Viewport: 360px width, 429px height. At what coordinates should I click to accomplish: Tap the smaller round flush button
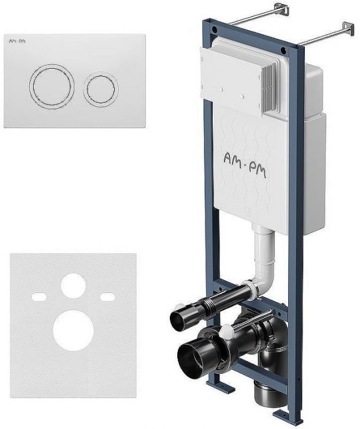pos(101,88)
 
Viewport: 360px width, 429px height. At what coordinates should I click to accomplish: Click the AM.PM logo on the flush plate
pos(15,41)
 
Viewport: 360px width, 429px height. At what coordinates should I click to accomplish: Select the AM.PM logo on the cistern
pos(245,165)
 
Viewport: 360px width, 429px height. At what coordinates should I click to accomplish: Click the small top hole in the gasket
pos(74,286)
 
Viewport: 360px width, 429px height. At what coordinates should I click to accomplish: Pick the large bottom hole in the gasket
pos(74,330)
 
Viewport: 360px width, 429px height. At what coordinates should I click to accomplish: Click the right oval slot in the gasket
pos(107,296)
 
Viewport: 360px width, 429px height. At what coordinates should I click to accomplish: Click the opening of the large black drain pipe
pos(191,358)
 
